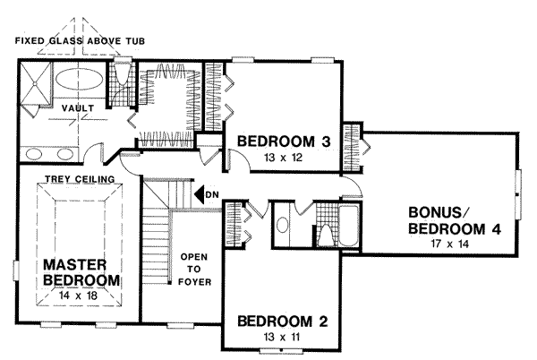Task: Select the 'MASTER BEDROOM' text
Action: pyautogui.click(x=77, y=273)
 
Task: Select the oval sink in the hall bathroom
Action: pyautogui.click(x=284, y=227)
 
